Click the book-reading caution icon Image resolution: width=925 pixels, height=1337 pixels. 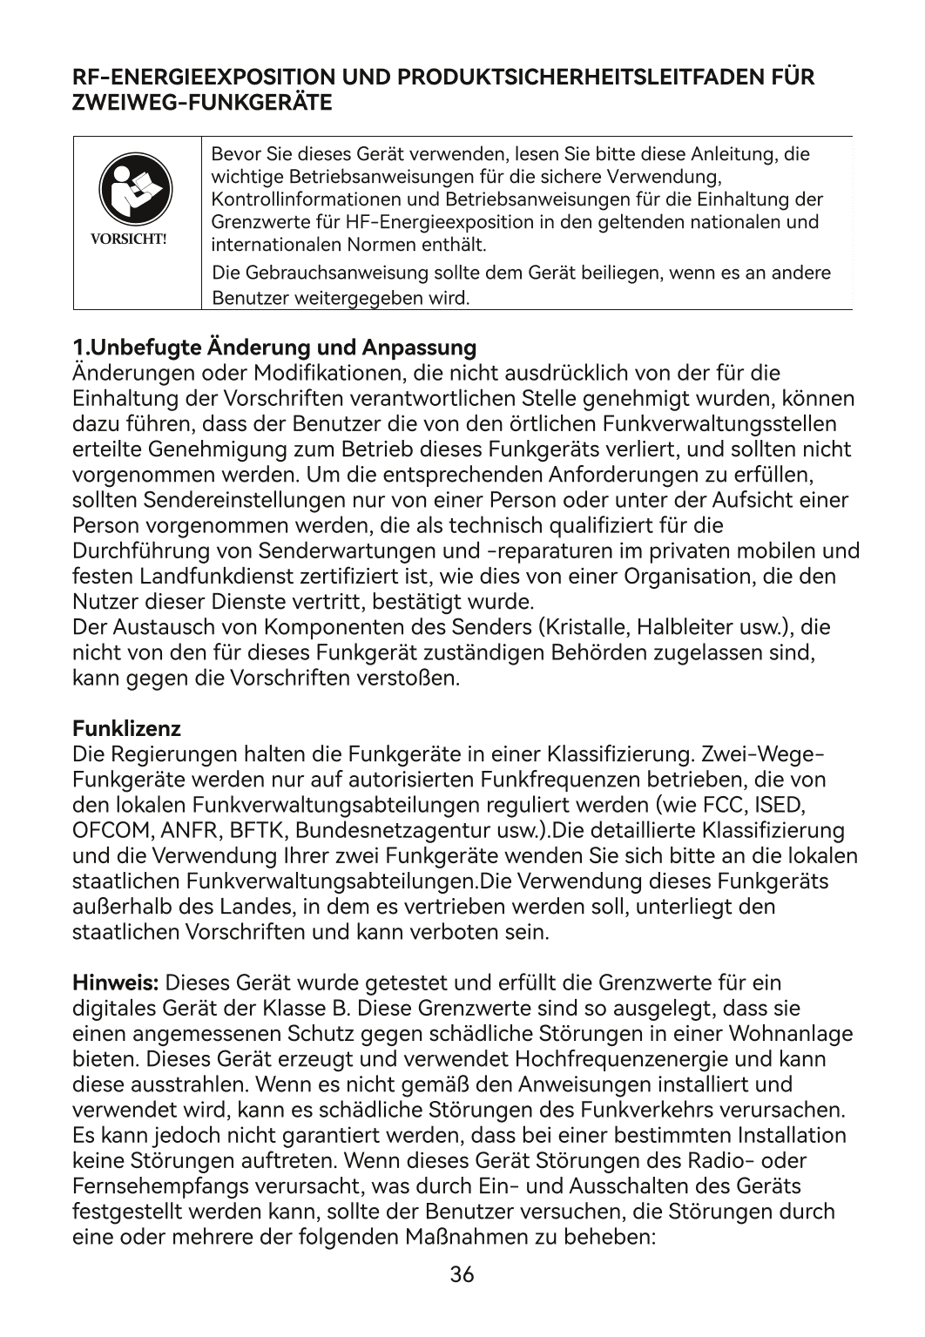pyautogui.click(x=137, y=191)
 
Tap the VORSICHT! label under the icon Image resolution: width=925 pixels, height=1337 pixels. pyautogui.click(x=137, y=238)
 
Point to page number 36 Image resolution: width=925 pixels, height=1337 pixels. pyautogui.click(x=462, y=1275)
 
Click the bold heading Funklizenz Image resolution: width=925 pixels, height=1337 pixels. pyautogui.click(x=127, y=726)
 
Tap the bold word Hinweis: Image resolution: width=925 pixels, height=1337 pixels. pyautogui.click(x=115, y=983)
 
